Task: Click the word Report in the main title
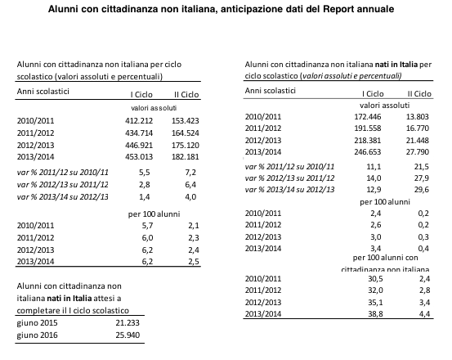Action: coord(338,9)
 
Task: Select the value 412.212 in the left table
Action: coord(139,120)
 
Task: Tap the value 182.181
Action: coord(186,156)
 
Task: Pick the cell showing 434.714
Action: coord(139,133)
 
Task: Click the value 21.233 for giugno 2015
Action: coord(128,323)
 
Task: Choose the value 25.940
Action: coord(128,335)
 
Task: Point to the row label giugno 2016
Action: coord(37,335)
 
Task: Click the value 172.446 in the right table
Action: coord(368,116)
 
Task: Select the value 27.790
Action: coord(418,151)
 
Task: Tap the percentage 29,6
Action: coord(422,190)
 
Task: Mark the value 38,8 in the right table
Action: coord(375,314)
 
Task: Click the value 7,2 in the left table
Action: coord(190,173)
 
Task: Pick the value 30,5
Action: coord(375,279)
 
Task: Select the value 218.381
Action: coord(368,141)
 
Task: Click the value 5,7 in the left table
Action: coord(147,225)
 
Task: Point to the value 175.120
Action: coord(186,145)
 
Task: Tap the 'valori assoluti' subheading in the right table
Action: coord(384,106)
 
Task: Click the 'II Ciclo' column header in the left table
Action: coord(186,95)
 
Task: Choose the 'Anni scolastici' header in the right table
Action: coord(271,91)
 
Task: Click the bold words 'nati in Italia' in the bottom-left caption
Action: coord(69,298)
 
